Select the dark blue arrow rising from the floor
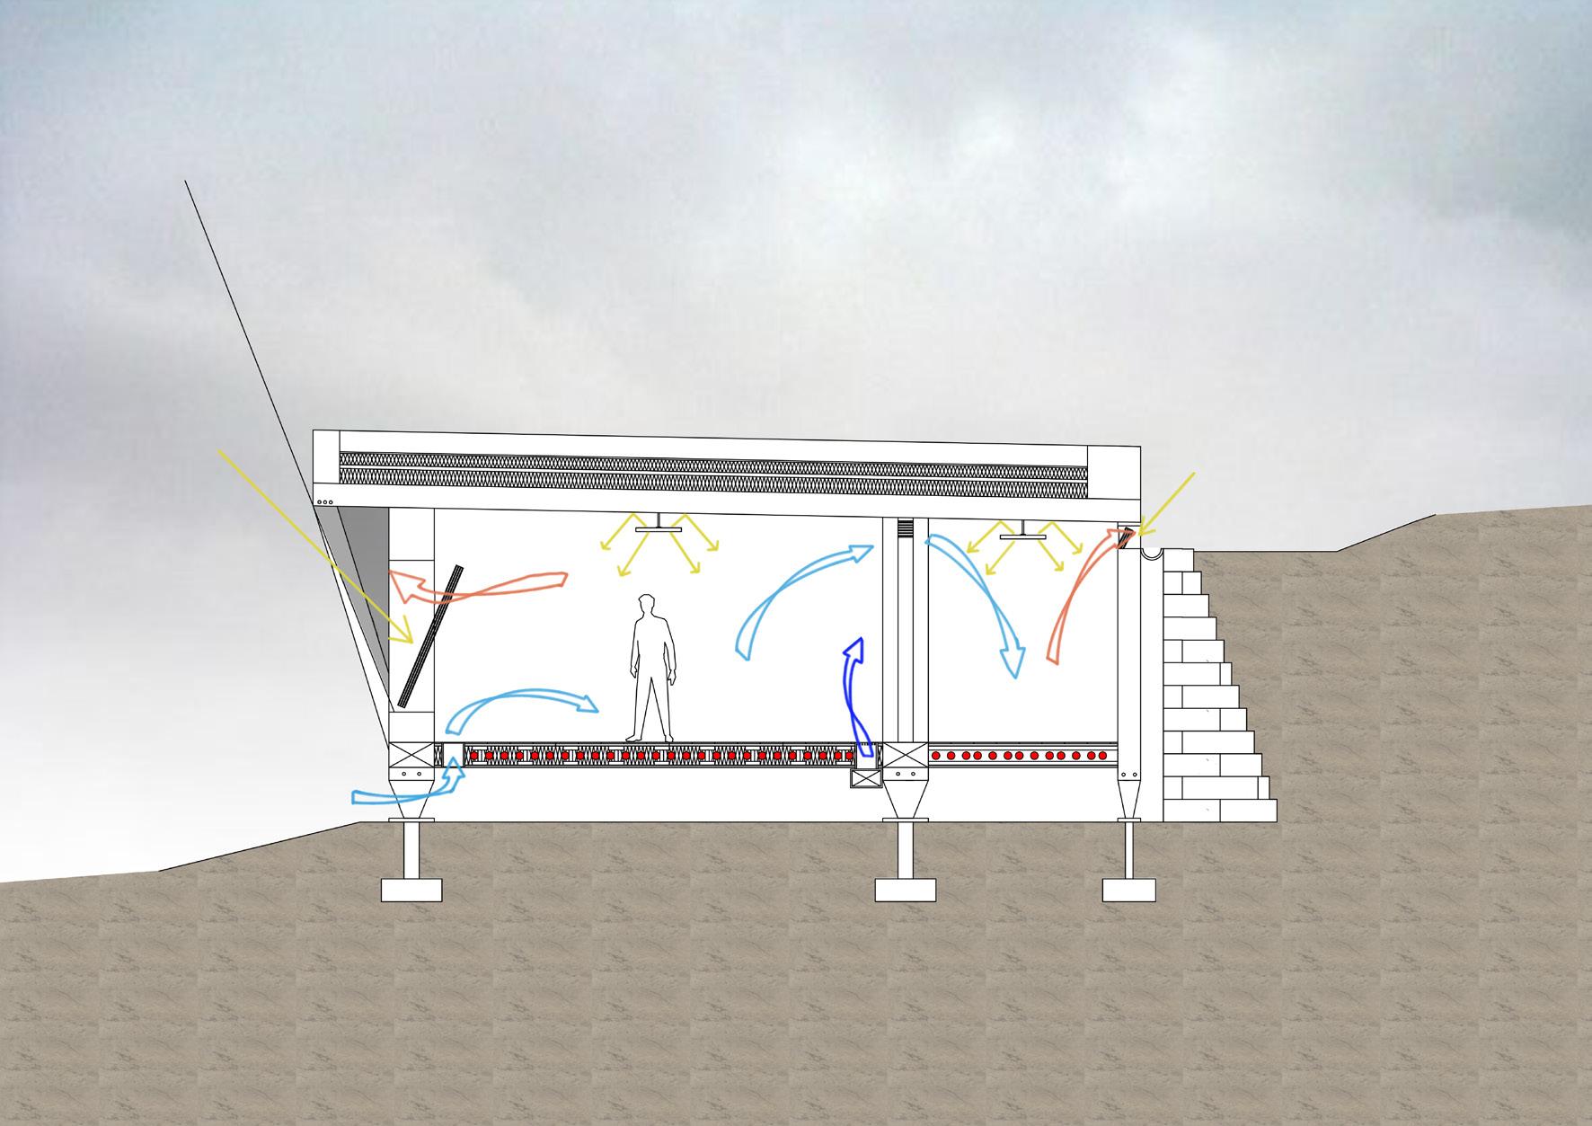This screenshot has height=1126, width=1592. pyautogui.click(x=854, y=692)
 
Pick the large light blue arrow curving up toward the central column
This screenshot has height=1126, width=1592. pyautogui.click(x=791, y=593)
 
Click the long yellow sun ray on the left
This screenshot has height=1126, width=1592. pyautogui.click(x=314, y=548)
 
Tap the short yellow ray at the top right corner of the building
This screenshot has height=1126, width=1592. pyautogui.click(x=1168, y=503)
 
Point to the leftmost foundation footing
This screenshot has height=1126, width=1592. pyautogui.click(x=411, y=889)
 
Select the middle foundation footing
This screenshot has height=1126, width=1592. pyautogui.click(x=905, y=889)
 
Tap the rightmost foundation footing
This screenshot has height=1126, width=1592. pyautogui.click(x=1131, y=889)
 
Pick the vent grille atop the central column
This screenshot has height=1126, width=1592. pyautogui.click(x=905, y=529)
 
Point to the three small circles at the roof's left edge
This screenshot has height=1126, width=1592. pyautogui.click(x=325, y=502)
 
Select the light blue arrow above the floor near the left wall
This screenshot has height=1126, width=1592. pyautogui.click(x=521, y=701)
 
